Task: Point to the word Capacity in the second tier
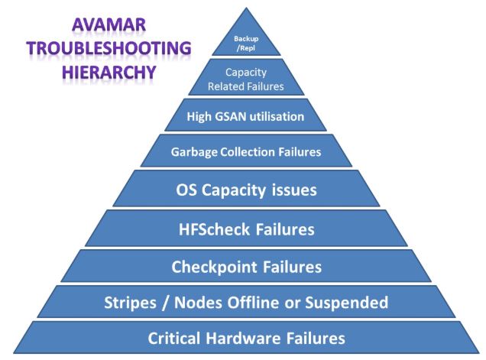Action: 246,73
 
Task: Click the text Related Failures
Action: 246,86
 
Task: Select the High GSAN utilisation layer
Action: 246,118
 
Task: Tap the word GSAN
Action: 233,118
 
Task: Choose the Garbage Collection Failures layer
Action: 246,151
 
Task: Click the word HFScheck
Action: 222,229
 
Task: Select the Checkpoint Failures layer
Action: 246,267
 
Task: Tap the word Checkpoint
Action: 218,267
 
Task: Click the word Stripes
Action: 130,302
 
